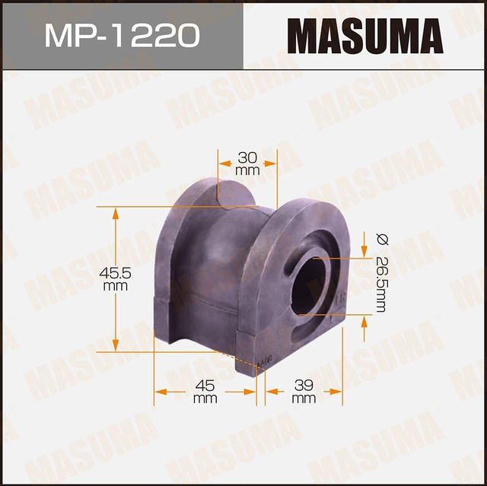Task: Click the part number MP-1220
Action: coord(121,34)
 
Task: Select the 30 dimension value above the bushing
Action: coord(247,157)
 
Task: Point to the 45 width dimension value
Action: coord(205,386)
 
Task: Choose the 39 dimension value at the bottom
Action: coord(303,386)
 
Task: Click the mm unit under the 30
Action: coord(247,170)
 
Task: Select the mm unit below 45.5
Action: coord(115,286)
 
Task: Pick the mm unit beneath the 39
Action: coord(303,399)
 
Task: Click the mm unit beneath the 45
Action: coord(205,399)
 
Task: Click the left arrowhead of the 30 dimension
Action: coord(223,162)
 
